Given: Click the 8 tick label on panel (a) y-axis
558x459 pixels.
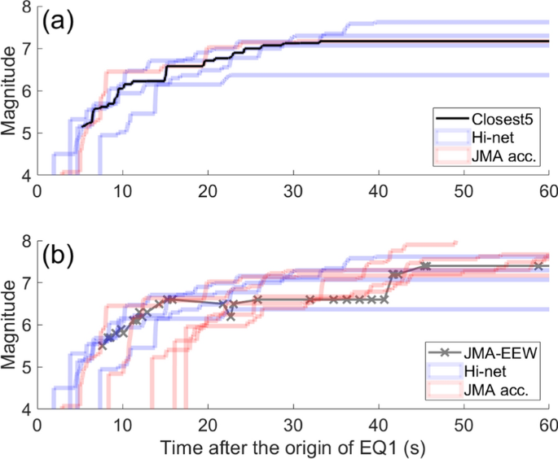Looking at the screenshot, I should tap(26, 8).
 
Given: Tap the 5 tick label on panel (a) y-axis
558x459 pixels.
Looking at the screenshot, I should tap(26, 133).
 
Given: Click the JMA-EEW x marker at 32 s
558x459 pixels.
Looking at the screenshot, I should tap(310, 299).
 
